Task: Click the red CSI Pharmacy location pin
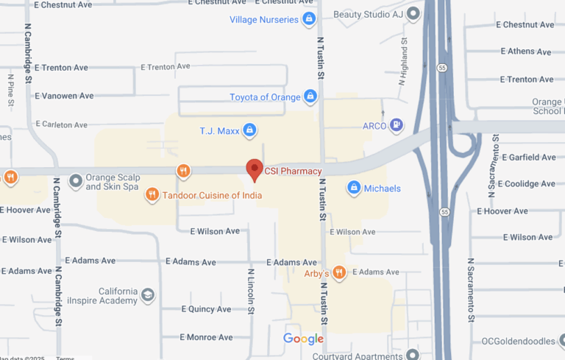point(254,169)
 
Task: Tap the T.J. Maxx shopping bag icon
point(249,131)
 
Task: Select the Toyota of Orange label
point(265,97)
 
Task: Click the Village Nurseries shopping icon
point(310,19)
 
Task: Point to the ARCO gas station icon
point(397,126)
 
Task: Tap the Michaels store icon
point(354,188)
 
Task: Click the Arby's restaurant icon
point(339,273)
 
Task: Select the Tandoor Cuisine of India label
point(212,195)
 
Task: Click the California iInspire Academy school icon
point(148,295)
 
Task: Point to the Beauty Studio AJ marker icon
point(413,14)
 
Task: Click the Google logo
point(303,339)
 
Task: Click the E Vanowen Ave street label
point(65,96)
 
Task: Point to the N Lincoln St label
point(251,292)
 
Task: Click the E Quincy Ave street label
point(206,309)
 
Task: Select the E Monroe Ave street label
point(206,337)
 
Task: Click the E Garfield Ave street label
point(528,158)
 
